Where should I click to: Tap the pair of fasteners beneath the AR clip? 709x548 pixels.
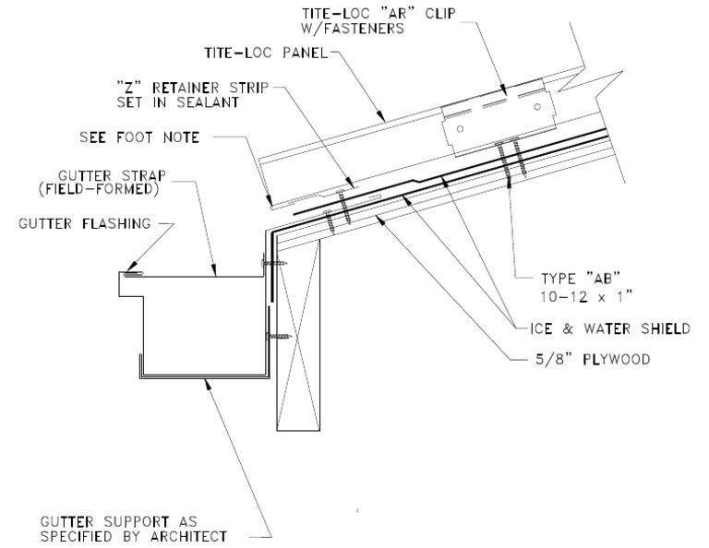coord(511,160)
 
